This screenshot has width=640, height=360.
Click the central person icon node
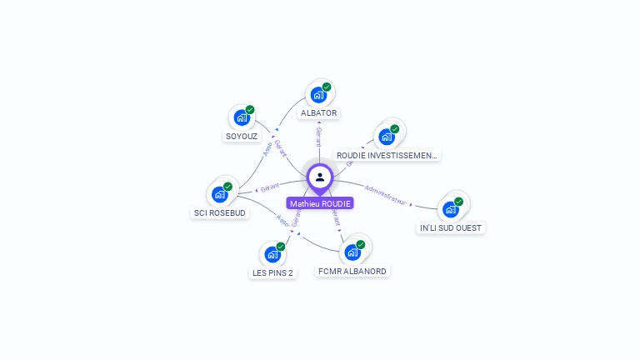tap(320, 177)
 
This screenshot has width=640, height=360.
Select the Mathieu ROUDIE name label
tap(321, 203)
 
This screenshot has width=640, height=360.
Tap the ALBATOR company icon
tap(318, 95)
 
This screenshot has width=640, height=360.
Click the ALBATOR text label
tap(319, 112)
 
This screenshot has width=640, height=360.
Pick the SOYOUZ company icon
tap(242, 117)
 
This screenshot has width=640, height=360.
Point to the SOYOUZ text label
tap(242, 136)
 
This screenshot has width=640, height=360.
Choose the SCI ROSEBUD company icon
tap(220, 194)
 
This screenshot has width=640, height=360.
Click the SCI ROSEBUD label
tap(220, 212)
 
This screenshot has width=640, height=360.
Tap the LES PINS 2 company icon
tap(272, 254)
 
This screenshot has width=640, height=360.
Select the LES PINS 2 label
tap(272, 272)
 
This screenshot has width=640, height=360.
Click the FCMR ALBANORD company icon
tap(352, 252)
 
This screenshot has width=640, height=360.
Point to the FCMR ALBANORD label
tap(352, 271)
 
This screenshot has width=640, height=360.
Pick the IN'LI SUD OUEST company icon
tap(451, 209)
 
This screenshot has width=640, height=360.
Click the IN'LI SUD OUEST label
tap(451, 227)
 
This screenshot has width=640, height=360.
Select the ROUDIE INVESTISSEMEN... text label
tap(387, 155)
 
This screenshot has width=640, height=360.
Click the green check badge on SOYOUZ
tap(250, 110)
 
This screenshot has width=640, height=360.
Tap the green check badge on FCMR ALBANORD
tap(361, 245)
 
